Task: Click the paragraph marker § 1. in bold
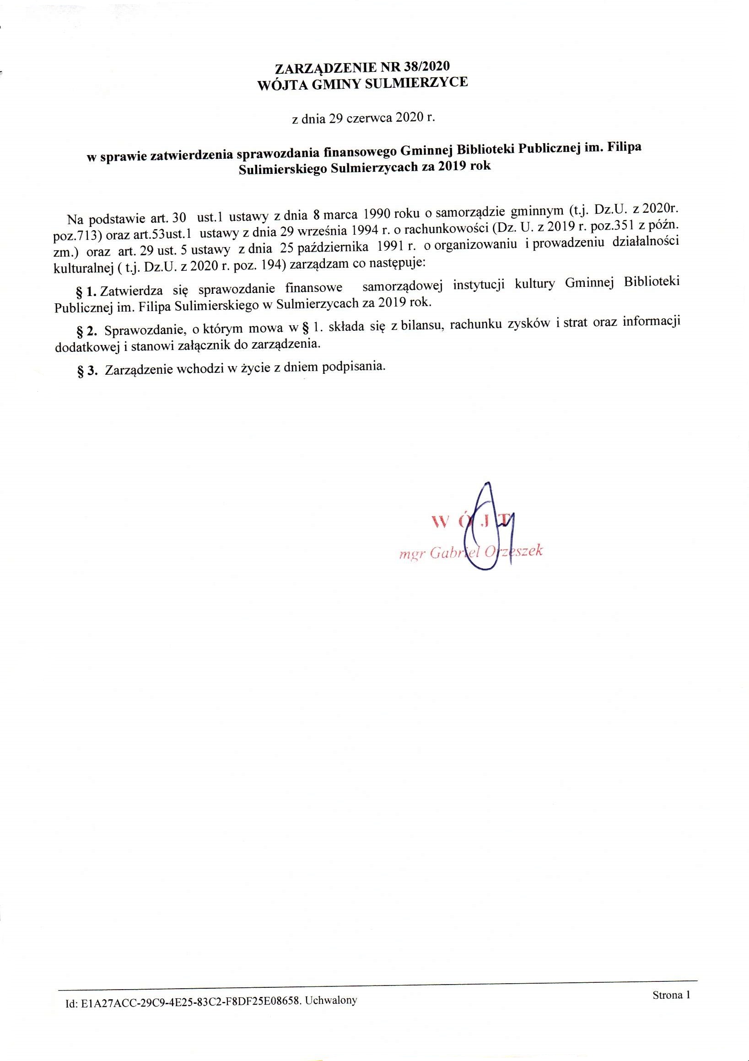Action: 86,291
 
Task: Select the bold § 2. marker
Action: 87,330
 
